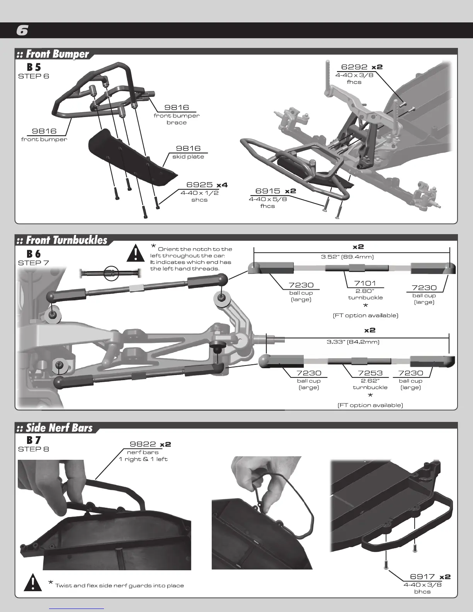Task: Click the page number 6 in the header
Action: tap(22, 31)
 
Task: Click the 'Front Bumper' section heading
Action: tap(53, 54)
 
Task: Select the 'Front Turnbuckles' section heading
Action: tap(62, 240)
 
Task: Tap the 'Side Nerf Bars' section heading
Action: tap(55, 428)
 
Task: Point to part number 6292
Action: tap(354, 67)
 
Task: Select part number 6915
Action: tap(267, 191)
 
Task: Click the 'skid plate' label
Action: tap(188, 156)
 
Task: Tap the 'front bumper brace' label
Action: tap(177, 119)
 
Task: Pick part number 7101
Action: tap(365, 284)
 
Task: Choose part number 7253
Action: tap(370, 373)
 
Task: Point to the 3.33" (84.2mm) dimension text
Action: tap(353, 342)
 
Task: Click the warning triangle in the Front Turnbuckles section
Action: tap(136, 253)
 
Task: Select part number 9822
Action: tap(143, 444)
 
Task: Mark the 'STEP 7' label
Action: tap(34, 263)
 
